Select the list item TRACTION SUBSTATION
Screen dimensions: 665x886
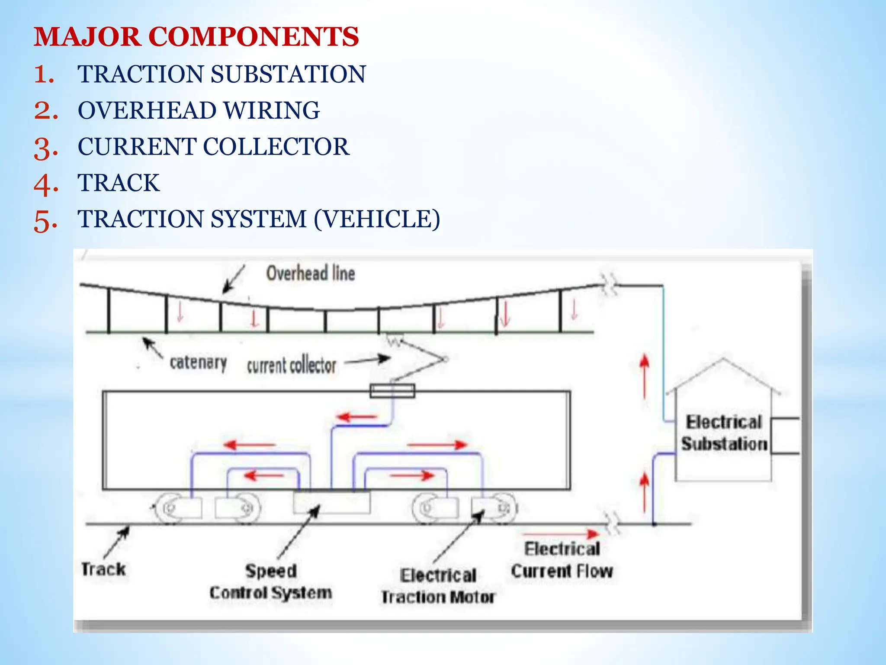tap(221, 74)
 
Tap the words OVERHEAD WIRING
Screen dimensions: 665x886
tap(199, 110)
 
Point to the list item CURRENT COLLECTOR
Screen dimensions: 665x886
tap(213, 147)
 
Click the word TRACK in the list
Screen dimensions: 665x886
tap(119, 183)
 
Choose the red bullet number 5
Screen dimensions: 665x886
tap(45, 220)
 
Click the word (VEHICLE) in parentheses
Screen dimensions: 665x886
tap(377, 219)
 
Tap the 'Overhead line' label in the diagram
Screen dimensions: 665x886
tap(310, 274)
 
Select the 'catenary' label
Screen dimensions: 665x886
tap(198, 362)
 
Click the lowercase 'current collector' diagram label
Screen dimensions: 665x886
tap(291, 366)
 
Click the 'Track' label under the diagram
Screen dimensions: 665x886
tap(103, 569)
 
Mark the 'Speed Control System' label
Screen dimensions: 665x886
tap(271, 582)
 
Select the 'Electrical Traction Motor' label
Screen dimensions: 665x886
tap(438, 586)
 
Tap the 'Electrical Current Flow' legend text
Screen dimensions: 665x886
tap(562, 560)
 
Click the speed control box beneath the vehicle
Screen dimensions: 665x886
tap(332, 502)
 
